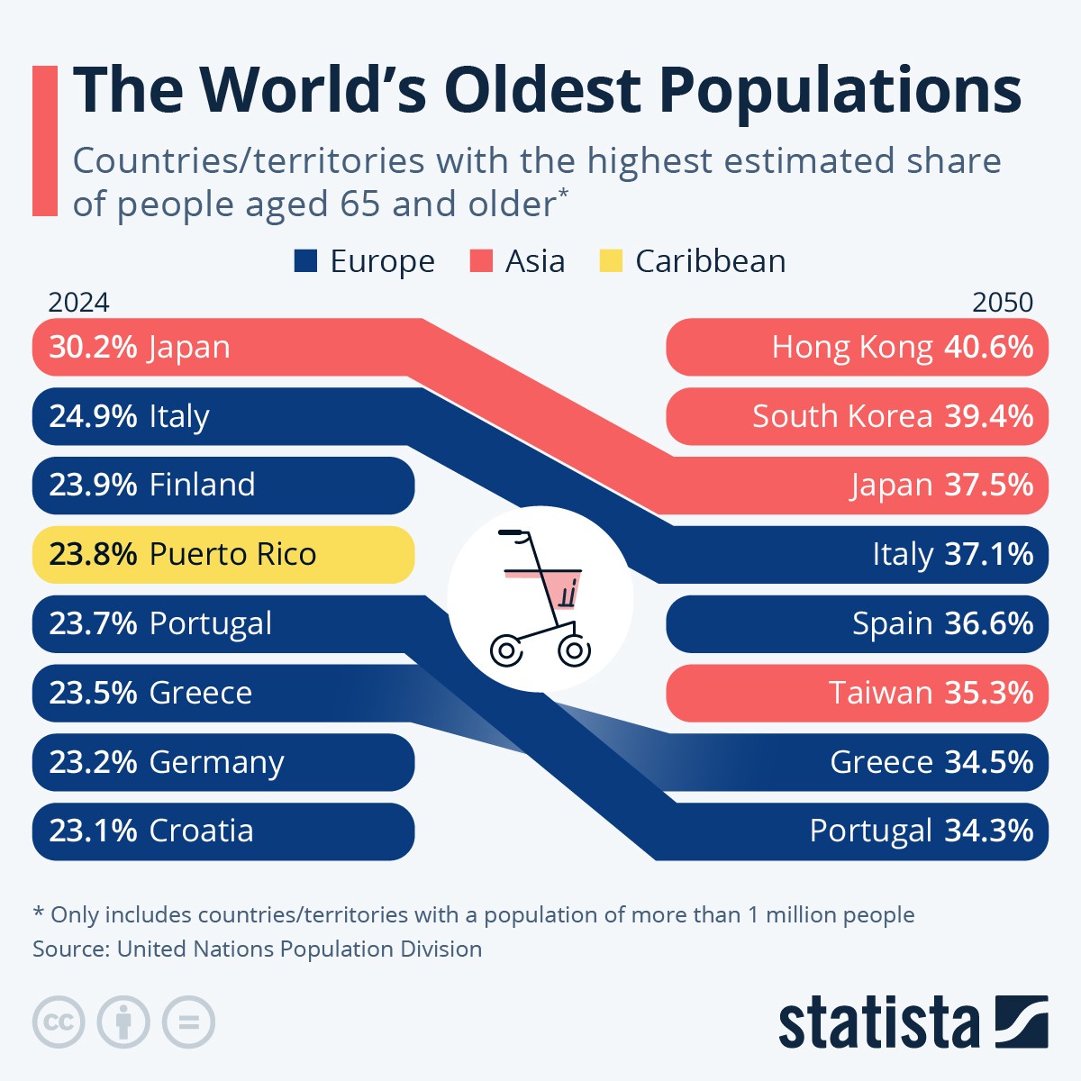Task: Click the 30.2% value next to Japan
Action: click(x=93, y=348)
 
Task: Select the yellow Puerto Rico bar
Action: click(x=223, y=554)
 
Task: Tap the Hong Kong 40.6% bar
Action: click(x=857, y=347)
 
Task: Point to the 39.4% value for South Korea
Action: click(x=988, y=416)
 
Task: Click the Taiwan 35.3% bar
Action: click(x=857, y=693)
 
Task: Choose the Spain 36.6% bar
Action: click(x=857, y=623)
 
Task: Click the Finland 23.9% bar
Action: click(x=223, y=486)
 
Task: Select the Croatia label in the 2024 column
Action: click(x=201, y=831)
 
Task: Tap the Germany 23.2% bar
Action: click(x=223, y=762)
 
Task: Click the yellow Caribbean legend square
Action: click(x=611, y=261)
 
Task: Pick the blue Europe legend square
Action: click(x=306, y=261)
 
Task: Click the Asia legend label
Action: click(x=535, y=261)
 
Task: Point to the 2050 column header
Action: click(x=1002, y=302)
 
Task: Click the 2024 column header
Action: click(x=79, y=302)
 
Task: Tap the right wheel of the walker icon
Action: click(x=573, y=650)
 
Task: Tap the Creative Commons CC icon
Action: click(x=59, y=1022)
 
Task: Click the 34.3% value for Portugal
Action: click(x=988, y=831)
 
